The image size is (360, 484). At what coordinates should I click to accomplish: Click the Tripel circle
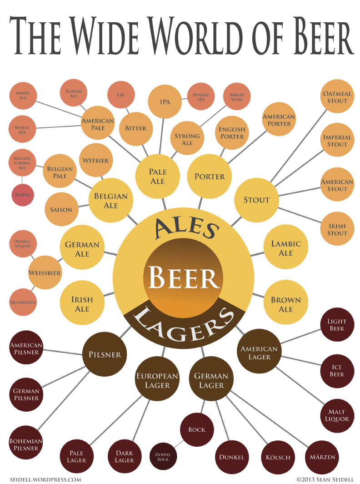pyautogui.click(x=22, y=195)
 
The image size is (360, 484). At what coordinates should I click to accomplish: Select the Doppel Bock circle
pyautogui.click(x=163, y=456)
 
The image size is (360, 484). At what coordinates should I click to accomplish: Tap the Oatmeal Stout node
pyautogui.click(x=337, y=97)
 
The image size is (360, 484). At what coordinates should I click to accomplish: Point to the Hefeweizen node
pyautogui.click(x=23, y=302)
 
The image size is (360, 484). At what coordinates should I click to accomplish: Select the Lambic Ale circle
pyautogui.click(x=286, y=247)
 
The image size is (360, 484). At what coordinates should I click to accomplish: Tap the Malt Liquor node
pyautogui.click(x=337, y=415)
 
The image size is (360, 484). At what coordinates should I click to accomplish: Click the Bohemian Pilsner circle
pyautogui.click(x=26, y=444)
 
